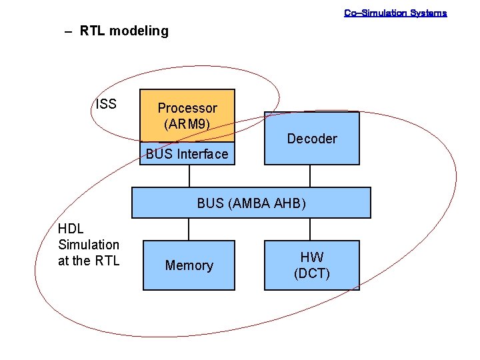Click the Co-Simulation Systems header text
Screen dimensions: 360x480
[395, 13]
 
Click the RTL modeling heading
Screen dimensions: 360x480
[124, 31]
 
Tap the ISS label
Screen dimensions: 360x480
[105, 103]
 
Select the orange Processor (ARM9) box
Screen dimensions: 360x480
[187, 115]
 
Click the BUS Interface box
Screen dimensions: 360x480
[187, 154]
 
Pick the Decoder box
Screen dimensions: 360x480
[311, 139]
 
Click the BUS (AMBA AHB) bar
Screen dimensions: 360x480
[251, 203]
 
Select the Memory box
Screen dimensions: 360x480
[189, 265]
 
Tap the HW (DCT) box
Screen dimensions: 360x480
[311, 265]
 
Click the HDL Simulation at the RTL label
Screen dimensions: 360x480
[89, 245]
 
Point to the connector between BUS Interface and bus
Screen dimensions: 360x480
[189, 176]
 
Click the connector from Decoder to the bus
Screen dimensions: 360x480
[310, 176]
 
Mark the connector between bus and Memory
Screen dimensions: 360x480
[189, 229]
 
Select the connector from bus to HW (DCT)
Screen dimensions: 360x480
[310, 229]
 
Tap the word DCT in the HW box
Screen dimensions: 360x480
[312, 273]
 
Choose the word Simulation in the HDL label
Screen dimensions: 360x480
[89, 245]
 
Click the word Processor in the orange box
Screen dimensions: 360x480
[187, 108]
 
